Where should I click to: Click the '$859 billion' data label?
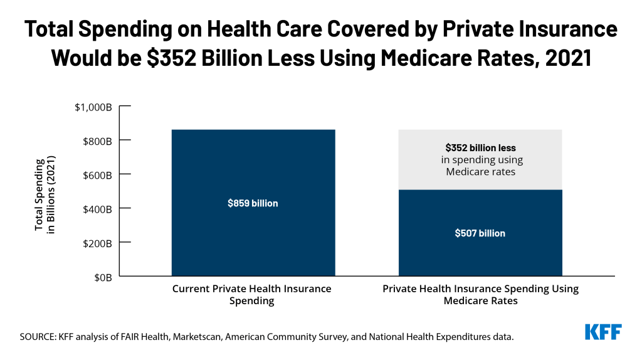(x=253, y=203)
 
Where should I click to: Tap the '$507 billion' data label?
(x=480, y=233)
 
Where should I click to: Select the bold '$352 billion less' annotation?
(x=480, y=148)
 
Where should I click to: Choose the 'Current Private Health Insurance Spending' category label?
(x=252, y=295)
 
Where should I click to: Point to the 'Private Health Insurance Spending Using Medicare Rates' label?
(x=480, y=295)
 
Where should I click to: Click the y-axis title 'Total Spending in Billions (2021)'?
(x=45, y=194)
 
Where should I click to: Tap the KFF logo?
(x=603, y=332)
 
